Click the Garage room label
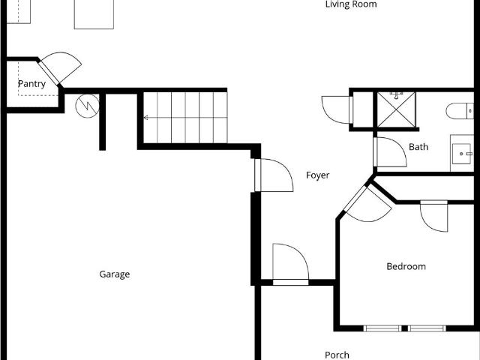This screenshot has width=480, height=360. pyautogui.click(x=115, y=274)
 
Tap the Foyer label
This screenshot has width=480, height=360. pyautogui.click(x=318, y=175)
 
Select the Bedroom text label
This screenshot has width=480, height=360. pyautogui.click(x=406, y=266)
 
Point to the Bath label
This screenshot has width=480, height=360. pyautogui.click(x=418, y=147)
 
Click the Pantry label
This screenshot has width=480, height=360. pyautogui.click(x=31, y=84)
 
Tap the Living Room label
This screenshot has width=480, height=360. pyautogui.click(x=351, y=4)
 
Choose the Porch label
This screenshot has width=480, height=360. pyautogui.click(x=337, y=355)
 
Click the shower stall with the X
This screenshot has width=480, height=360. pyautogui.click(x=396, y=109)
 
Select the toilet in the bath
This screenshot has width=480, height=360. pyautogui.click(x=460, y=111)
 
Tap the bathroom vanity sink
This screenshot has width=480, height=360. pyautogui.click(x=462, y=154)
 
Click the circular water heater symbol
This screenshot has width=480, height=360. pyautogui.click(x=87, y=106)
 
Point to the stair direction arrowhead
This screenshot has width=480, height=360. pyautogui.click(x=146, y=118)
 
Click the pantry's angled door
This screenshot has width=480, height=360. pyautogui.click(x=60, y=68)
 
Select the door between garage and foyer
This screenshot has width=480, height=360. pyautogui.click(x=274, y=175)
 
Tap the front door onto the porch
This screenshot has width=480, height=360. pyautogui.click(x=290, y=264)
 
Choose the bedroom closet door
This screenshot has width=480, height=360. pyautogui.click(x=434, y=216)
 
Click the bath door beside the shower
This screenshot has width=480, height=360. pyautogui.click(x=390, y=152)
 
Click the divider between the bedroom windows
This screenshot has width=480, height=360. pyautogui.click(x=404, y=328)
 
